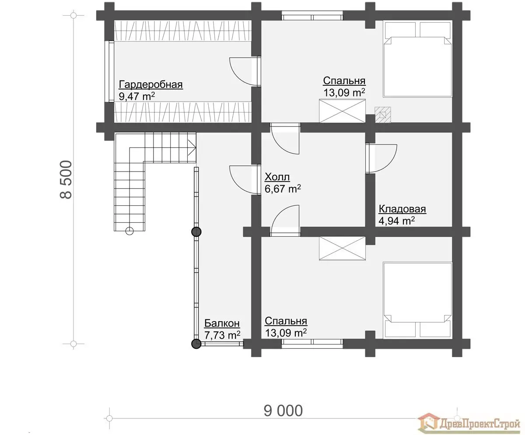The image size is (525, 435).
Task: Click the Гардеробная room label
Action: (x=150, y=85)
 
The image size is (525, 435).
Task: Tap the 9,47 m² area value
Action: (x=136, y=96)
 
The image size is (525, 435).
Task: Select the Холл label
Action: (x=277, y=177)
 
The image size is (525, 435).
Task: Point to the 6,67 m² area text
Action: (x=283, y=189)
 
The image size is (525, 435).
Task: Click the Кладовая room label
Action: (x=402, y=209)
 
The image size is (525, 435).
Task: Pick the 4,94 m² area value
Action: (x=397, y=221)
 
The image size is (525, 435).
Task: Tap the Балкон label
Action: (x=222, y=323)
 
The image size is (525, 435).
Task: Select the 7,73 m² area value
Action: (x=222, y=335)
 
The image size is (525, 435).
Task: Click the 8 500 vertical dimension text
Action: (x=66, y=179)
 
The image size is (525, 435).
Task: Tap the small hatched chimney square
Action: (x=383, y=115)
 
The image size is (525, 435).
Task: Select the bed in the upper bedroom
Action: (x=417, y=60)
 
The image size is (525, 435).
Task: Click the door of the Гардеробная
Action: (x=245, y=71)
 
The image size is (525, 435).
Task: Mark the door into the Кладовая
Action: (x=381, y=158)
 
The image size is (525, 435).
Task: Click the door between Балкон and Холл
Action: (x=245, y=179)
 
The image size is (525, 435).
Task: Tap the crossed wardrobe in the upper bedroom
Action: (x=342, y=111)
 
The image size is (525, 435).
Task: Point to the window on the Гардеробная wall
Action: (x=111, y=71)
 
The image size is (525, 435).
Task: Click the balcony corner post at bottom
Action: (x=196, y=344)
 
